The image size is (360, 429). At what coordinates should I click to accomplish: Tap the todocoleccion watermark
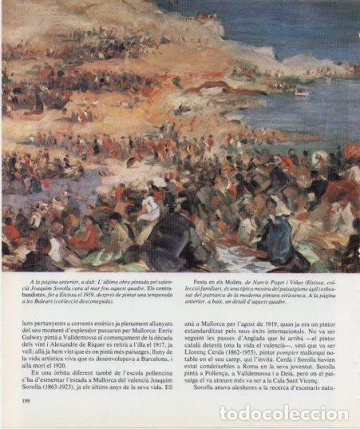pos(283,414)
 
